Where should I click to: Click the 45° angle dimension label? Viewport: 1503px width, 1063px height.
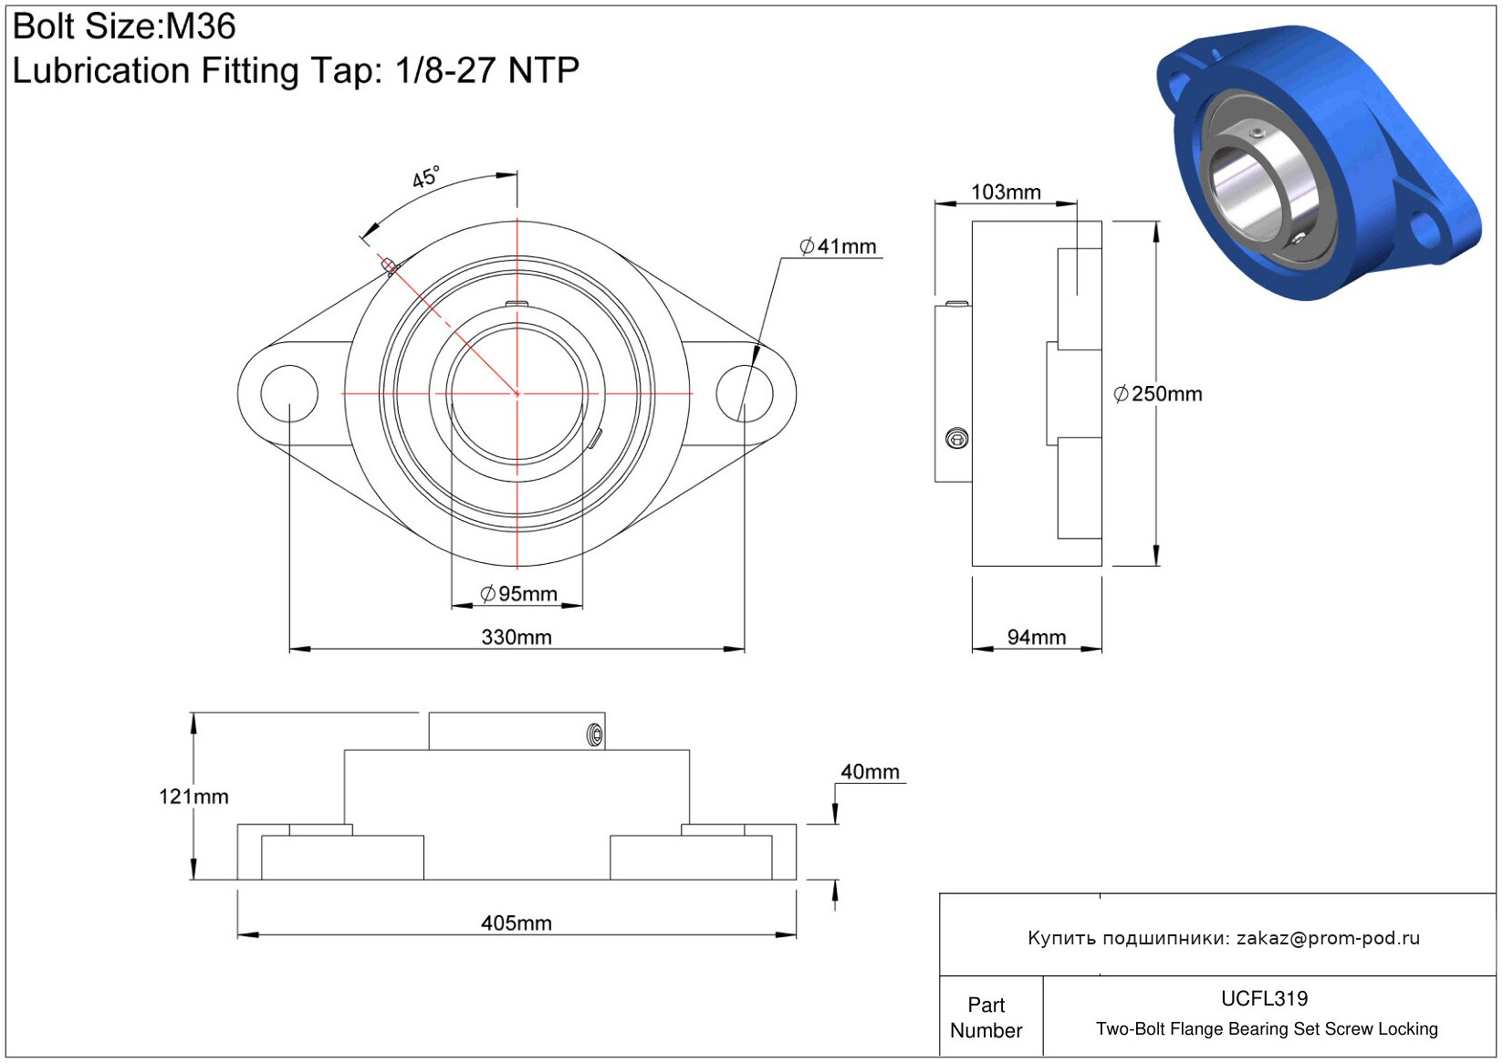point(425,177)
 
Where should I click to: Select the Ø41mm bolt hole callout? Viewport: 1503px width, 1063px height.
point(838,246)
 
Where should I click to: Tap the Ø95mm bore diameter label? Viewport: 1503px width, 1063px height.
point(518,594)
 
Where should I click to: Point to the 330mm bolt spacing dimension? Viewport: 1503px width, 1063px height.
point(517,637)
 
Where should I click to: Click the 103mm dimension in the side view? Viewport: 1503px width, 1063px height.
point(1006,192)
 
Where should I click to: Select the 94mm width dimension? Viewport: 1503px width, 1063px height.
point(1037,637)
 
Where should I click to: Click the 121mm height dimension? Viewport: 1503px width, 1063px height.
point(193,797)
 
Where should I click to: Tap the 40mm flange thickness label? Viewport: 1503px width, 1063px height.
point(870,772)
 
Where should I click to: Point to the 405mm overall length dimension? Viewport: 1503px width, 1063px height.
point(517,923)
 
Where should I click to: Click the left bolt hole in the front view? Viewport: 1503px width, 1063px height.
point(289,393)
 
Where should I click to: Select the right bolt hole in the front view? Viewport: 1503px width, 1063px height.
point(745,393)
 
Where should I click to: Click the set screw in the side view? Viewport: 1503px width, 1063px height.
point(957,440)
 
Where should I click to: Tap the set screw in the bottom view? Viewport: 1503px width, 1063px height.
point(595,735)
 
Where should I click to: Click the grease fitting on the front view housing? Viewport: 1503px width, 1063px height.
point(390,266)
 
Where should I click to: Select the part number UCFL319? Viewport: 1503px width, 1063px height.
point(1264,998)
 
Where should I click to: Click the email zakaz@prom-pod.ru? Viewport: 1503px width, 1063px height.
point(1328,938)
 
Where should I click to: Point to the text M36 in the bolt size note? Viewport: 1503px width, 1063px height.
point(201,26)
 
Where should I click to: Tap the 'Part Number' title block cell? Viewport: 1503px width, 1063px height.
point(986,1017)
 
